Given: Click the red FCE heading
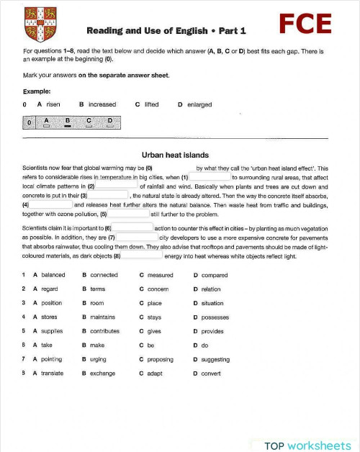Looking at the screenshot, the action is click(305, 24).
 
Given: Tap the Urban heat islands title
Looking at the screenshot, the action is click(175, 154).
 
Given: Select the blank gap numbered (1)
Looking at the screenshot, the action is click(210, 177).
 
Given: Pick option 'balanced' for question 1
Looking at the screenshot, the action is click(53, 275).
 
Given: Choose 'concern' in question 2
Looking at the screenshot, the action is click(158, 289).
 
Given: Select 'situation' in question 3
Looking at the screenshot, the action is click(212, 303).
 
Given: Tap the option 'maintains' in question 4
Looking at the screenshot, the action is click(102, 317).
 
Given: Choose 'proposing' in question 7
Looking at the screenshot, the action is click(160, 359).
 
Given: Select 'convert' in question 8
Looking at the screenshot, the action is click(211, 373).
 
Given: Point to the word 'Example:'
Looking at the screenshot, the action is click(37, 91).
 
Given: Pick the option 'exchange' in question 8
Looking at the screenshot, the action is click(102, 373).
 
